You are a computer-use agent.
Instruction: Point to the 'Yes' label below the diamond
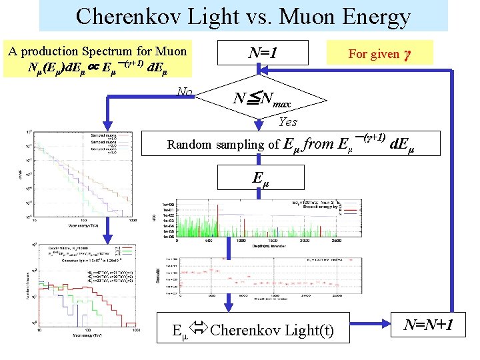(x=288, y=122)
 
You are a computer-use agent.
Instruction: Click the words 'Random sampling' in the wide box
(x=207, y=145)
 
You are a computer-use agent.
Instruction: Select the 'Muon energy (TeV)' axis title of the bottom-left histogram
(x=87, y=333)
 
